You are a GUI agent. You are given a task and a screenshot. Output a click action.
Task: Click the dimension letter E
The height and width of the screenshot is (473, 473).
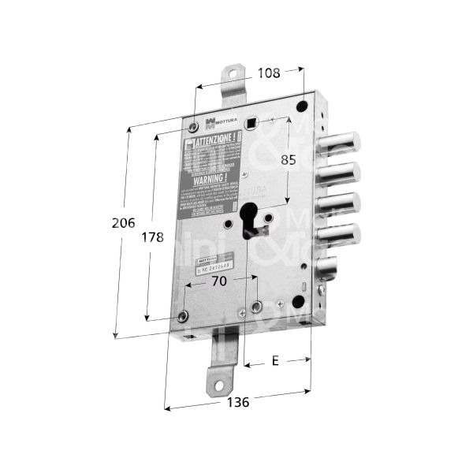(274, 361)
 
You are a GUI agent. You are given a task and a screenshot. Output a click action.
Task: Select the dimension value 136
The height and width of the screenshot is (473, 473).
(236, 402)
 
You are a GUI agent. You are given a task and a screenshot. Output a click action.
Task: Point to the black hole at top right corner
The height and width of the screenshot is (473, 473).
(303, 106)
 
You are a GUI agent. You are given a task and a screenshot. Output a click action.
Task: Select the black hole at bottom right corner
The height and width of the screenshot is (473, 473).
(297, 302)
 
